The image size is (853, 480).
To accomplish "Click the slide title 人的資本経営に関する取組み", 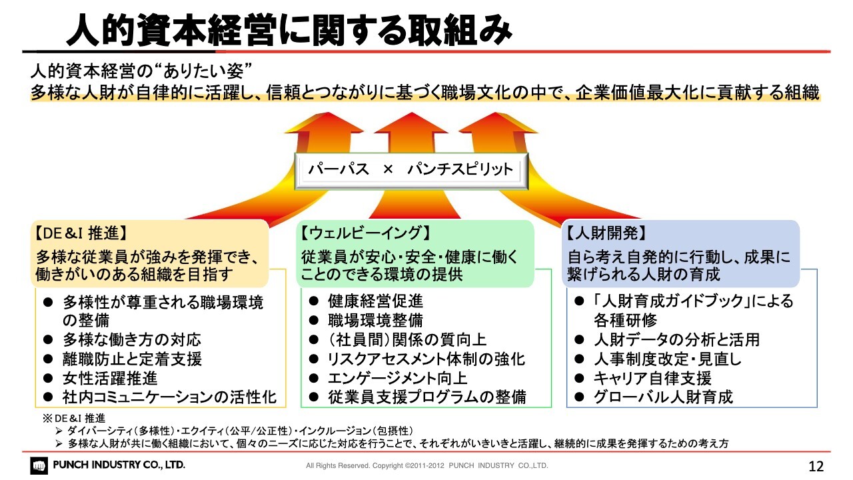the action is point(289,30).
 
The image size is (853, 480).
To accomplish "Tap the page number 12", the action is point(816,466).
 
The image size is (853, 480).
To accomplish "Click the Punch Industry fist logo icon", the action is point(39,465).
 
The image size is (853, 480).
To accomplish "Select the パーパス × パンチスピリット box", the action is point(411,171).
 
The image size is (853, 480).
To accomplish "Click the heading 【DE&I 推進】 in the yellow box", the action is point(81,233).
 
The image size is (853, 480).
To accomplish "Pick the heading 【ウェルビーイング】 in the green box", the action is point(366,233).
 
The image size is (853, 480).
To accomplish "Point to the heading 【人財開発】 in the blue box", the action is point(606,233).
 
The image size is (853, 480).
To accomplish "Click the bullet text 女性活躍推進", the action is point(110,378).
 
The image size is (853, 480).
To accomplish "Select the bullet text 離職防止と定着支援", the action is point(132,359).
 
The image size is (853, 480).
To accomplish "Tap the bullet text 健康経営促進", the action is point(375,301).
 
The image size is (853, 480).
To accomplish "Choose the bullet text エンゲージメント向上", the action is point(398,378).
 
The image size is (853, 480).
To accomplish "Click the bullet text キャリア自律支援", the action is point(652,378).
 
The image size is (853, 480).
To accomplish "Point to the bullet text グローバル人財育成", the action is point(663,397).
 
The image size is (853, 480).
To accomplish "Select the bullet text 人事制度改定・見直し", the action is point(668,359).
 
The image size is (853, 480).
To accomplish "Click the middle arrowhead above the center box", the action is point(411,123).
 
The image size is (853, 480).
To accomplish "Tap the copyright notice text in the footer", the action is point(427,465).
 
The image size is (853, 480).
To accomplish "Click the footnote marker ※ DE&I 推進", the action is point(74,418).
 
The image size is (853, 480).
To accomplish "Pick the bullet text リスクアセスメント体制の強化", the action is point(426,359).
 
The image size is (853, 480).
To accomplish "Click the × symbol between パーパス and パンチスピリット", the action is point(388,169).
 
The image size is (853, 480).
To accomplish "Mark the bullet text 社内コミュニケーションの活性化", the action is point(169,397).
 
